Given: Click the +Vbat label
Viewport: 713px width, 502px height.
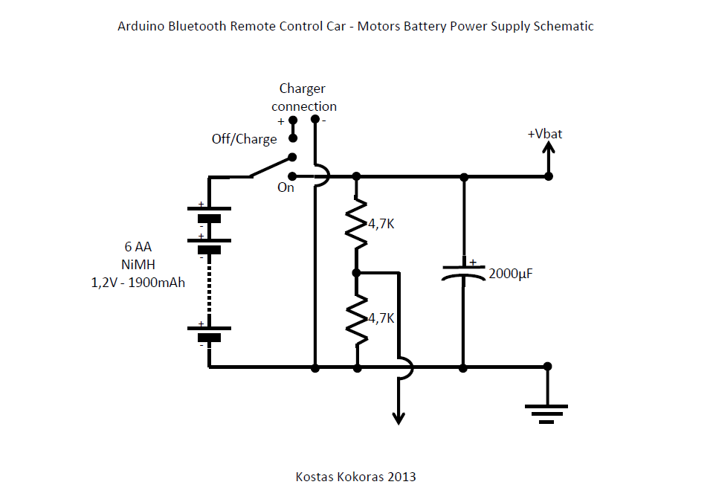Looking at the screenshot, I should (x=545, y=134).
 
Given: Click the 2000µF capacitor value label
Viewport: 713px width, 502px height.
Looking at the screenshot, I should (x=511, y=274).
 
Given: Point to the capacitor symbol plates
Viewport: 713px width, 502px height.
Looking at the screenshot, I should (x=463, y=271).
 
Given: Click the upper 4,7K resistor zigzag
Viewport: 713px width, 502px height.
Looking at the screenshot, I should (x=357, y=222).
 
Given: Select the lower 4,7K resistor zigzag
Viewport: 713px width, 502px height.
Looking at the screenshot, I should (x=357, y=319).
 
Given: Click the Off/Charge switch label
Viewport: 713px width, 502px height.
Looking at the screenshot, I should (x=244, y=139).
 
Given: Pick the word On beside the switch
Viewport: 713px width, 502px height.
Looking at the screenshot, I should (x=286, y=187).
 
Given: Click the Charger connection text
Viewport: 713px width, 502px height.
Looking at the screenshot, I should (x=303, y=97).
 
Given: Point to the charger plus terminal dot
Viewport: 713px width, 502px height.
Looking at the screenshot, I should (x=293, y=119).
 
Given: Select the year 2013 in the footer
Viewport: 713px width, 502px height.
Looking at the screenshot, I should (x=401, y=477).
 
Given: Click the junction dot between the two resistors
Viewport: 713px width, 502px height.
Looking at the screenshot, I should (x=357, y=272).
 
